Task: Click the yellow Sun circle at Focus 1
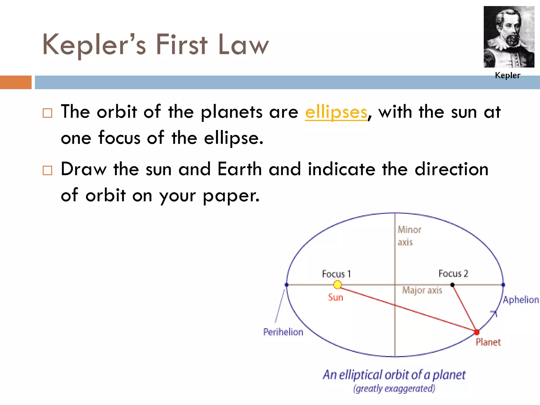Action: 337,285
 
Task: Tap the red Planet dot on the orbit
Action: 477,332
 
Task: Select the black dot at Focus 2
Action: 452,285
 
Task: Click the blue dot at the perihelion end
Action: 287,285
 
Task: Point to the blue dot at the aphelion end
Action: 503,285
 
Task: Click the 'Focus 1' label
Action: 336,274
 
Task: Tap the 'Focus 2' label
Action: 453,274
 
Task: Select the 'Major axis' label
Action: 422,290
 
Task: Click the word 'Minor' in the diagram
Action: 409,230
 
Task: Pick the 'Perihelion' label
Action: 283,332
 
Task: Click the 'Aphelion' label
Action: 521,300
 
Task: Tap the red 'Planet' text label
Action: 488,342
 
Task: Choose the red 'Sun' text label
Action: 335,298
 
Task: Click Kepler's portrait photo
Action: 509,37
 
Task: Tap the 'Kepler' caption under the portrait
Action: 508,75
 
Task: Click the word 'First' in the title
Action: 182,45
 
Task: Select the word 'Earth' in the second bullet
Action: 239,169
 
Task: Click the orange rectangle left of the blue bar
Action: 16,82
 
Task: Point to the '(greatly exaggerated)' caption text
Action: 394,389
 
